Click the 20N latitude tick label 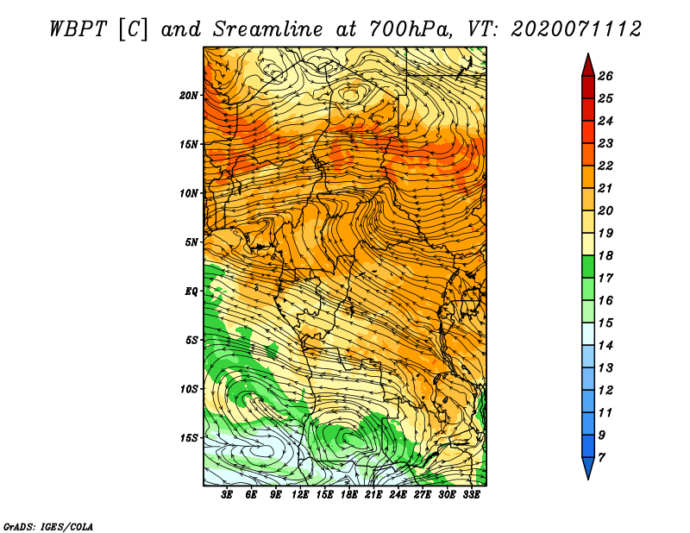(x=189, y=95)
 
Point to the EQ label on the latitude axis (x=191, y=291)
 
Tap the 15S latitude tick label (x=189, y=438)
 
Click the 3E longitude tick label (x=227, y=495)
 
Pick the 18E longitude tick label (x=349, y=495)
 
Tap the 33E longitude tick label (x=471, y=495)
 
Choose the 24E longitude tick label (x=398, y=495)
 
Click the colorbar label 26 (x=605, y=76)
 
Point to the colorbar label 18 (x=605, y=255)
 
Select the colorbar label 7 (x=601, y=458)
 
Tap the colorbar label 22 (x=605, y=166)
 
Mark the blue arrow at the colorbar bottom (x=588, y=467)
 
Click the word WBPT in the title (x=78, y=29)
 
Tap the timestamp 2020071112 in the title (x=576, y=29)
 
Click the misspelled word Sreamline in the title (x=268, y=29)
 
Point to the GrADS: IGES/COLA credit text (x=48, y=526)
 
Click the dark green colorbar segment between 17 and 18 (x=588, y=266)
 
